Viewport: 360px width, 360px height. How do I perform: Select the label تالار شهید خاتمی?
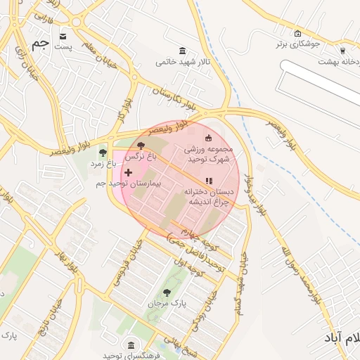(184, 62)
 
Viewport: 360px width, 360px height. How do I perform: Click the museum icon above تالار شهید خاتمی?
(183, 51)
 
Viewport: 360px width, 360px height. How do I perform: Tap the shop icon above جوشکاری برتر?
(297, 33)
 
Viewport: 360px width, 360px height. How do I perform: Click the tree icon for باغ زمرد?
(103, 151)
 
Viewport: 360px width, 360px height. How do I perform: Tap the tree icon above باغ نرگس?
(141, 146)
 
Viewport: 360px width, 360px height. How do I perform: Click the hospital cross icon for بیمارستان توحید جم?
(127, 172)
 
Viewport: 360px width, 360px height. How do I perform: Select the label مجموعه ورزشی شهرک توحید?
(207, 154)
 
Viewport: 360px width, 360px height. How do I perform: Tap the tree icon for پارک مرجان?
(166, 292)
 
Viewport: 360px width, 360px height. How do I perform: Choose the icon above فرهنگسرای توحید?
(130, 345)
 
